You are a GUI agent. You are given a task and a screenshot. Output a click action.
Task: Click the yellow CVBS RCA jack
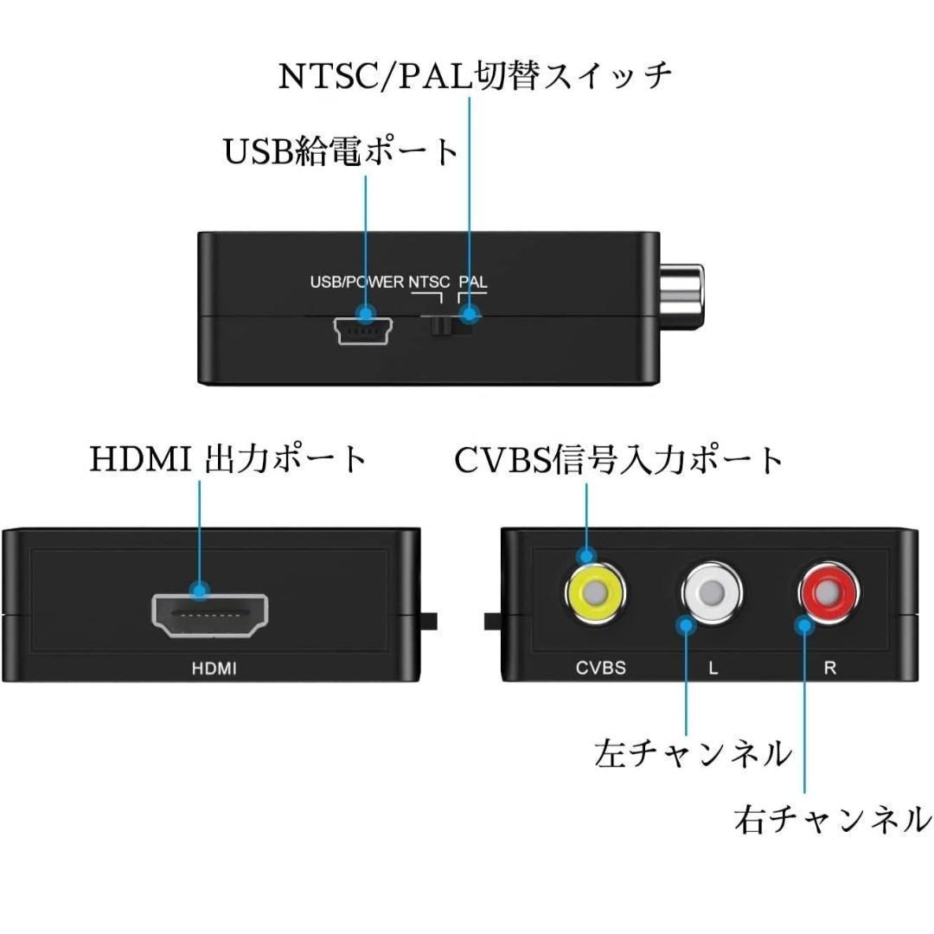(595, 594)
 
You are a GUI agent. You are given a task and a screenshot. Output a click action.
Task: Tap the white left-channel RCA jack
(712, 594)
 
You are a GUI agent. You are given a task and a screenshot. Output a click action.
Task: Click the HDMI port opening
(209, 616)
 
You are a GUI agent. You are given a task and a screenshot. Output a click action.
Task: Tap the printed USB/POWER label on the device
(357, 282)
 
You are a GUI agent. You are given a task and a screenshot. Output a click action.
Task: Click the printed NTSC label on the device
(430, 282)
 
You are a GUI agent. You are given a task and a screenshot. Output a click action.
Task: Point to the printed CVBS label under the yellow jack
(600, 668)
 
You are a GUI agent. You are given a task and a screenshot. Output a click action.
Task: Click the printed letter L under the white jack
(713, 668)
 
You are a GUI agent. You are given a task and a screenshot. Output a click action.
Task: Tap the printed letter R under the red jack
(829, 668)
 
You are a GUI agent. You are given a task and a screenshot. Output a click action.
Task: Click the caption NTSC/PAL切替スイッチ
(475, 76)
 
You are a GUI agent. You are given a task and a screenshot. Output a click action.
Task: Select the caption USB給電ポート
(341, 152)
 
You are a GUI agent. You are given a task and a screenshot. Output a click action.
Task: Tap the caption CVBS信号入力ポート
(619, 460)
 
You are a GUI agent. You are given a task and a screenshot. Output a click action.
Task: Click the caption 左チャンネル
(693, 753)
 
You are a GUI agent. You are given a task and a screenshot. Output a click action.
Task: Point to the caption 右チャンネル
(833, 818)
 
